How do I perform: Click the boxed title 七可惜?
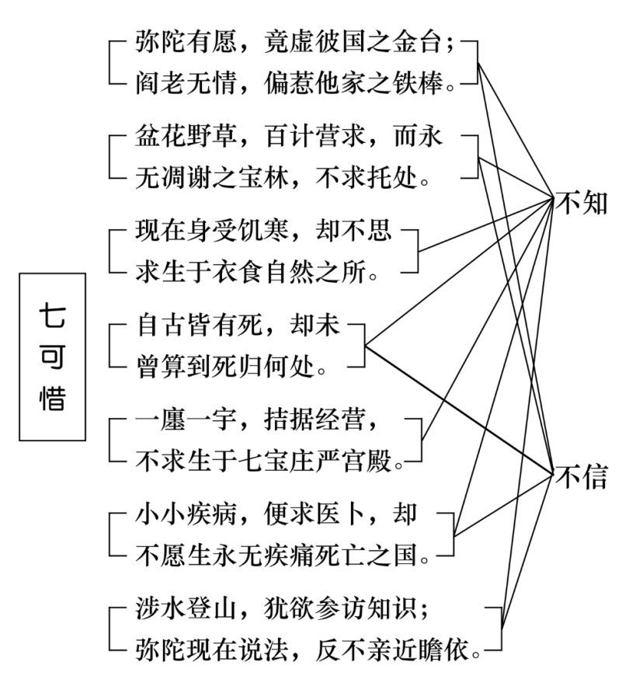(53, 357)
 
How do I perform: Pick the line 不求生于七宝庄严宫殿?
(269, 462)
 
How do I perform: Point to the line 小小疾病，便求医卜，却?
(276, 516)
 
